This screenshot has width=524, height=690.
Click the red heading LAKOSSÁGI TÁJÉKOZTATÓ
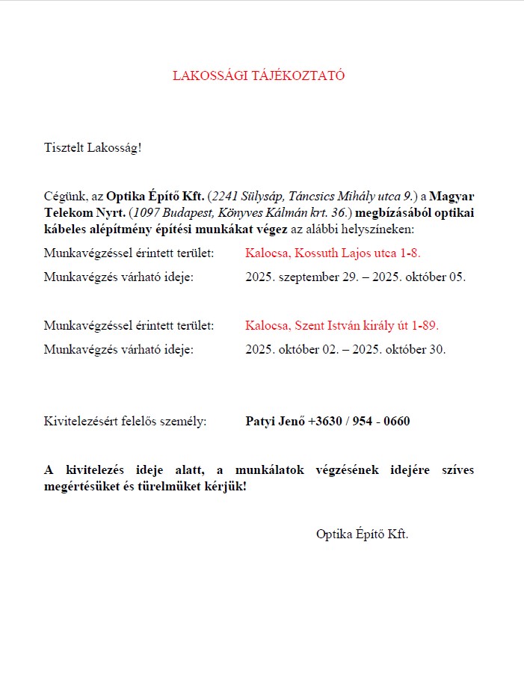pos(259,76)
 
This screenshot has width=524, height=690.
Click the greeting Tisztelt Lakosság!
pos(93,147)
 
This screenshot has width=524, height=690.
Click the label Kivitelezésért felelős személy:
pos(125,422)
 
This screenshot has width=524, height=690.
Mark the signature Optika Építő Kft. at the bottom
pos(363,534)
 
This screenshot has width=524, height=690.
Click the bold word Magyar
pos(452,197)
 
